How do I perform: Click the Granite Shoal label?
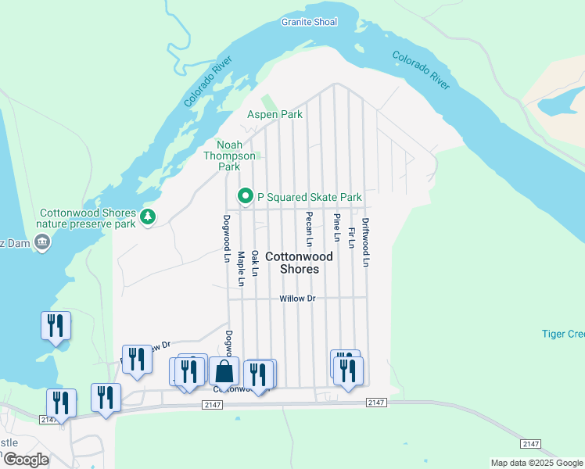click(309, 22)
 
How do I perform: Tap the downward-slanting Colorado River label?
click(421, 70)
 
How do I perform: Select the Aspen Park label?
click(275, 114)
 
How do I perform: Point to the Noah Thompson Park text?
click(228, 156)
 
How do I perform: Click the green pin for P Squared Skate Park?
click(246, 197)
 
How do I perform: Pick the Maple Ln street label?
click(241, 268)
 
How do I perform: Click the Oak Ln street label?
click(254, 263)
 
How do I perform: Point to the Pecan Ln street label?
click(309, 229)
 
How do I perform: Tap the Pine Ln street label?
click(337, 227)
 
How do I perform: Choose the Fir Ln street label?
click(351, 238)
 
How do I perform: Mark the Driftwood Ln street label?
click(365, 242)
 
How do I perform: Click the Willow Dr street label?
click(297, 299)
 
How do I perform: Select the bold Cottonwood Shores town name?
click(299, 263)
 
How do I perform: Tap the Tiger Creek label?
click(562, 334)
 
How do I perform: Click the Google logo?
click(25, 460)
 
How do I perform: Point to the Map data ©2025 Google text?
click(536, 463)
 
